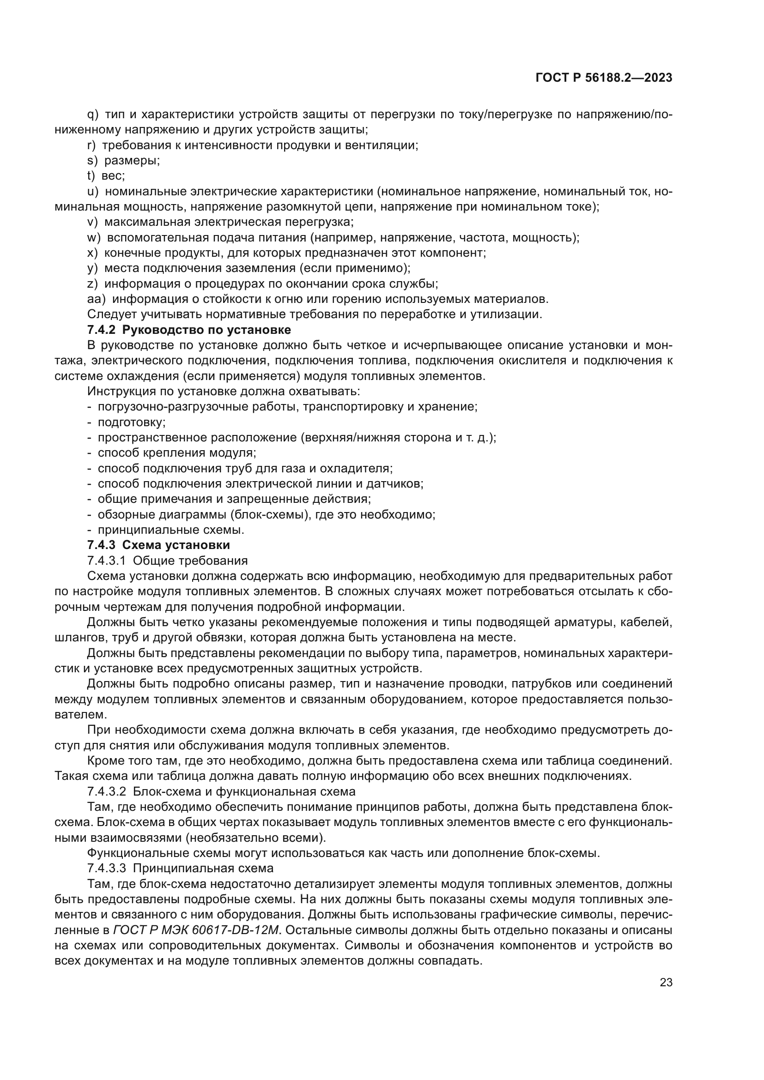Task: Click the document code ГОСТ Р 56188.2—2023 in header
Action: [x=604, y=78]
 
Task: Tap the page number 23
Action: [x=666, y=983]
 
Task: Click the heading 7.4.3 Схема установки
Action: [x=158, y=545]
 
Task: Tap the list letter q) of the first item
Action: [x=93, y=115]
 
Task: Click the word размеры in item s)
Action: [x=131, y=160]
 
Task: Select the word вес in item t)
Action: [x=112, y=176]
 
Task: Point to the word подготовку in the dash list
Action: [x=131, y=422]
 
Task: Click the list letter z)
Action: [x=92, y=284]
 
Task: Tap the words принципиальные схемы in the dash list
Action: [x=170, y=530]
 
